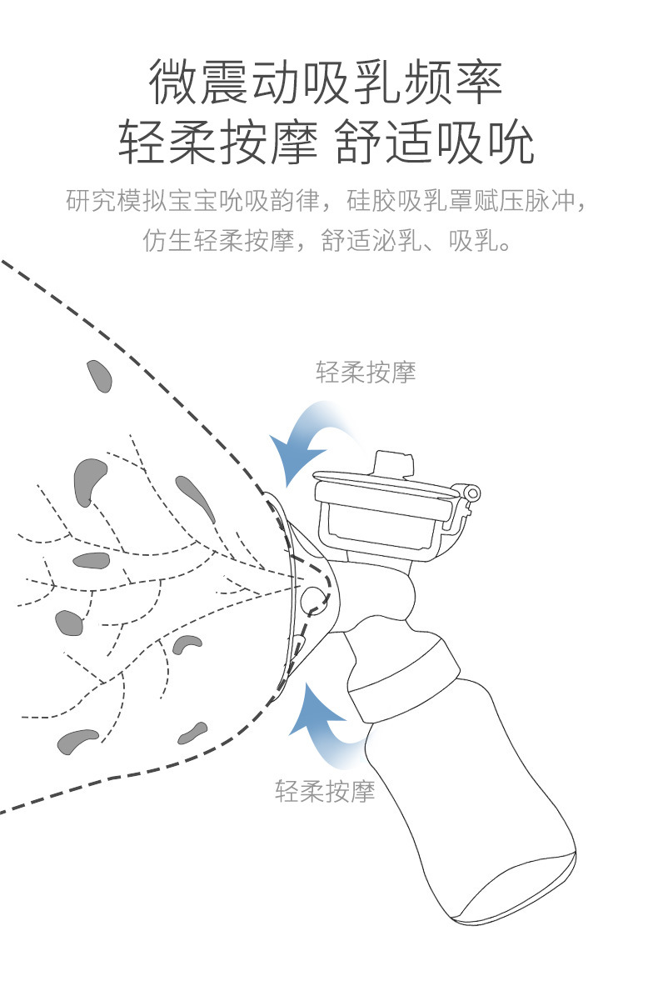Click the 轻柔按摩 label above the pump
tap(366, 372)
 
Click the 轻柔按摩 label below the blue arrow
tap(325, 789)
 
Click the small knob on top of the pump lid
tap(394, 463)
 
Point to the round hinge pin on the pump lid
tap(473, 493)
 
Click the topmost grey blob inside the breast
tap(100, 377)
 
